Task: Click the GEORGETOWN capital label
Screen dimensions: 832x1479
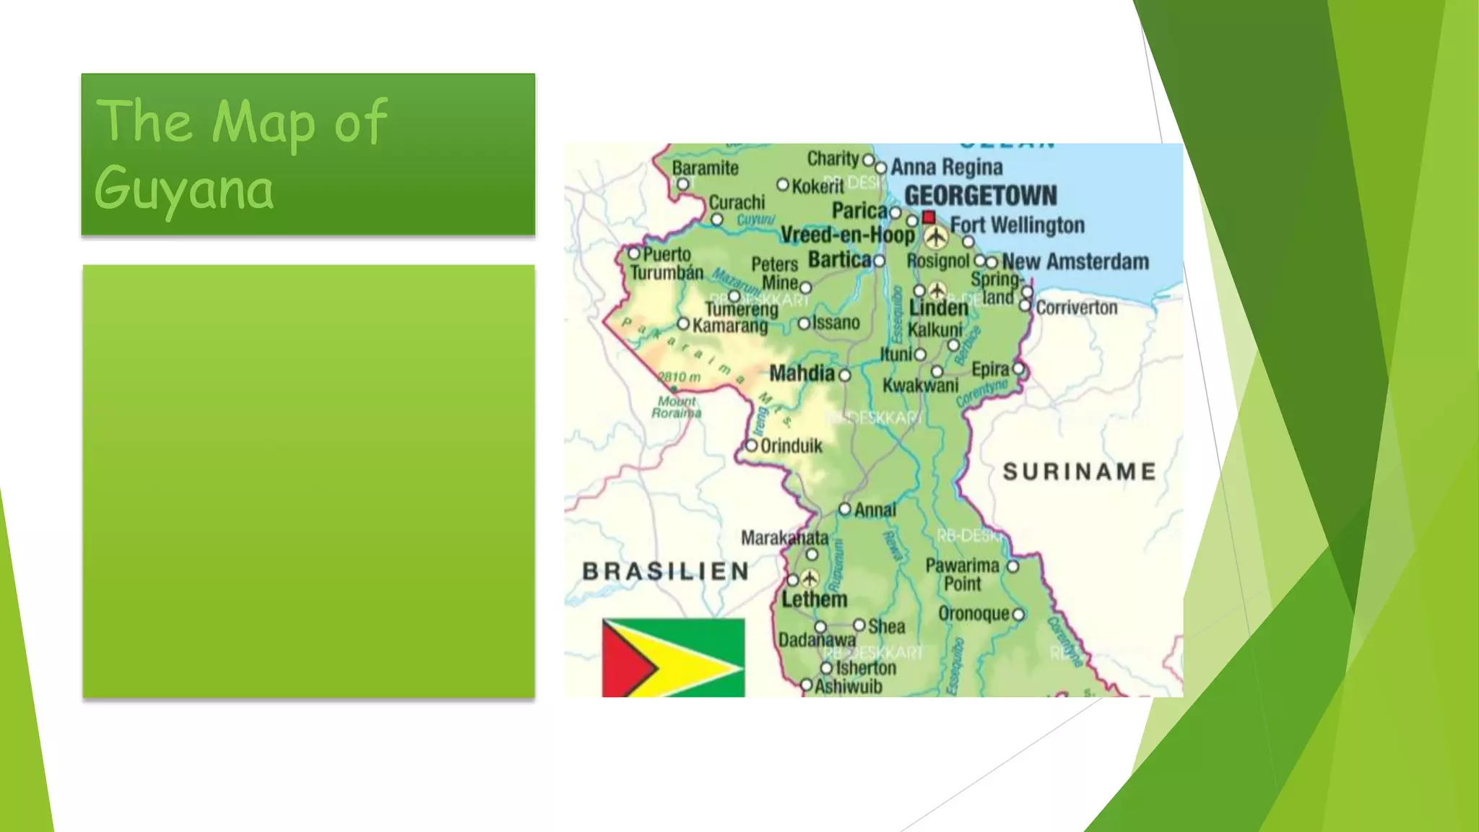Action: (980, 196)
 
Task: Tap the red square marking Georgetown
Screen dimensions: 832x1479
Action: (929, 217)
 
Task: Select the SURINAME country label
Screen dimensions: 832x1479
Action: (1079, 472)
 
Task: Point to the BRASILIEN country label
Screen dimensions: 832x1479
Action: (666, 571)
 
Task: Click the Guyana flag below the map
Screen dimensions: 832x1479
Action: (673, 657)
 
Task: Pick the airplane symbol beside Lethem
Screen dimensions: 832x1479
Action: (810, 578)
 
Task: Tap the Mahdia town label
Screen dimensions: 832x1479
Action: (802, 373)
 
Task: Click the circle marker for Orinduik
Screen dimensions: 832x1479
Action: (751, 446)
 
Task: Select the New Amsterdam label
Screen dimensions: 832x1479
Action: (1075, 261)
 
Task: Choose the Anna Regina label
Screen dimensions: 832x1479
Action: (946, 168)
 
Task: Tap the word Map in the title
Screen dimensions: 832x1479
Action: (264, 121)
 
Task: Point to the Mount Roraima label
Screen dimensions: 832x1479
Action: (677, 407)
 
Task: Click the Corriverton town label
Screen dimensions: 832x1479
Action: (1076, 308)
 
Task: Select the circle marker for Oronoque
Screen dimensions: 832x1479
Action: (1018, 615)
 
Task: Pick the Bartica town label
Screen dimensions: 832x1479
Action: (839, 259)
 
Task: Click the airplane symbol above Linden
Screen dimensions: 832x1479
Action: (937, 290)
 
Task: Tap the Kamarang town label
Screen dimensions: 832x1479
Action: (729, 326)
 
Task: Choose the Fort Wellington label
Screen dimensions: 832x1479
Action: (1017, 225)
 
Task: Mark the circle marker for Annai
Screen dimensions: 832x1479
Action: (845, 509)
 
